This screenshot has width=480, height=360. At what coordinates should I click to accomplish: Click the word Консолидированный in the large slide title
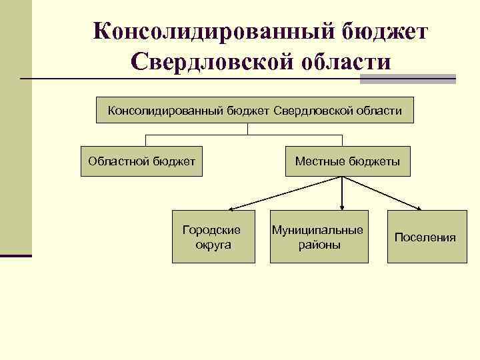point(211,31)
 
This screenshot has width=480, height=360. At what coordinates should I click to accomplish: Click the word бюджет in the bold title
point(386,31)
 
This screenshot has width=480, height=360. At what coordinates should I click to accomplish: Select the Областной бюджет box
point(142,161)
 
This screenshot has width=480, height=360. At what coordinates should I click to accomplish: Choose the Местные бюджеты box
point(347,161)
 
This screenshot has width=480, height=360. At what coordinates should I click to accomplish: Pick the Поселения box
point(425,237)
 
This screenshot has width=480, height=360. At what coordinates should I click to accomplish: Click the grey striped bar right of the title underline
point(407,79)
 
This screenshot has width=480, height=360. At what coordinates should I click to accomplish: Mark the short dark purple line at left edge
point(15,255)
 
